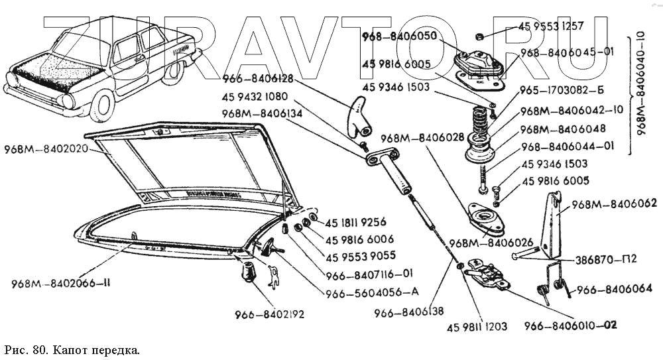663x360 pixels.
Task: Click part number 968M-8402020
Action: click(46, 149)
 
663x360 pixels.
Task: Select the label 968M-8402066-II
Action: click(60, 284)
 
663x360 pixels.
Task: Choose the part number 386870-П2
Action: click(606, 259)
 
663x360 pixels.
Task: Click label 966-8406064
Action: click(614, 288)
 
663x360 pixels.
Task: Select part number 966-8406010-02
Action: click(570, 326)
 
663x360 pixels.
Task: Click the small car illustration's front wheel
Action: click(102, 106)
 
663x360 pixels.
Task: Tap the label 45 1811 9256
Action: click(355, 222)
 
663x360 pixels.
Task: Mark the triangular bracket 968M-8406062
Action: click(551, 225)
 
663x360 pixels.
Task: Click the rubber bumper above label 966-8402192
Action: click(249, 270)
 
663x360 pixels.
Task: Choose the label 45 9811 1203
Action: click(477, 326)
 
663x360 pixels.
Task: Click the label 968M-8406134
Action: click(263, 113)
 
